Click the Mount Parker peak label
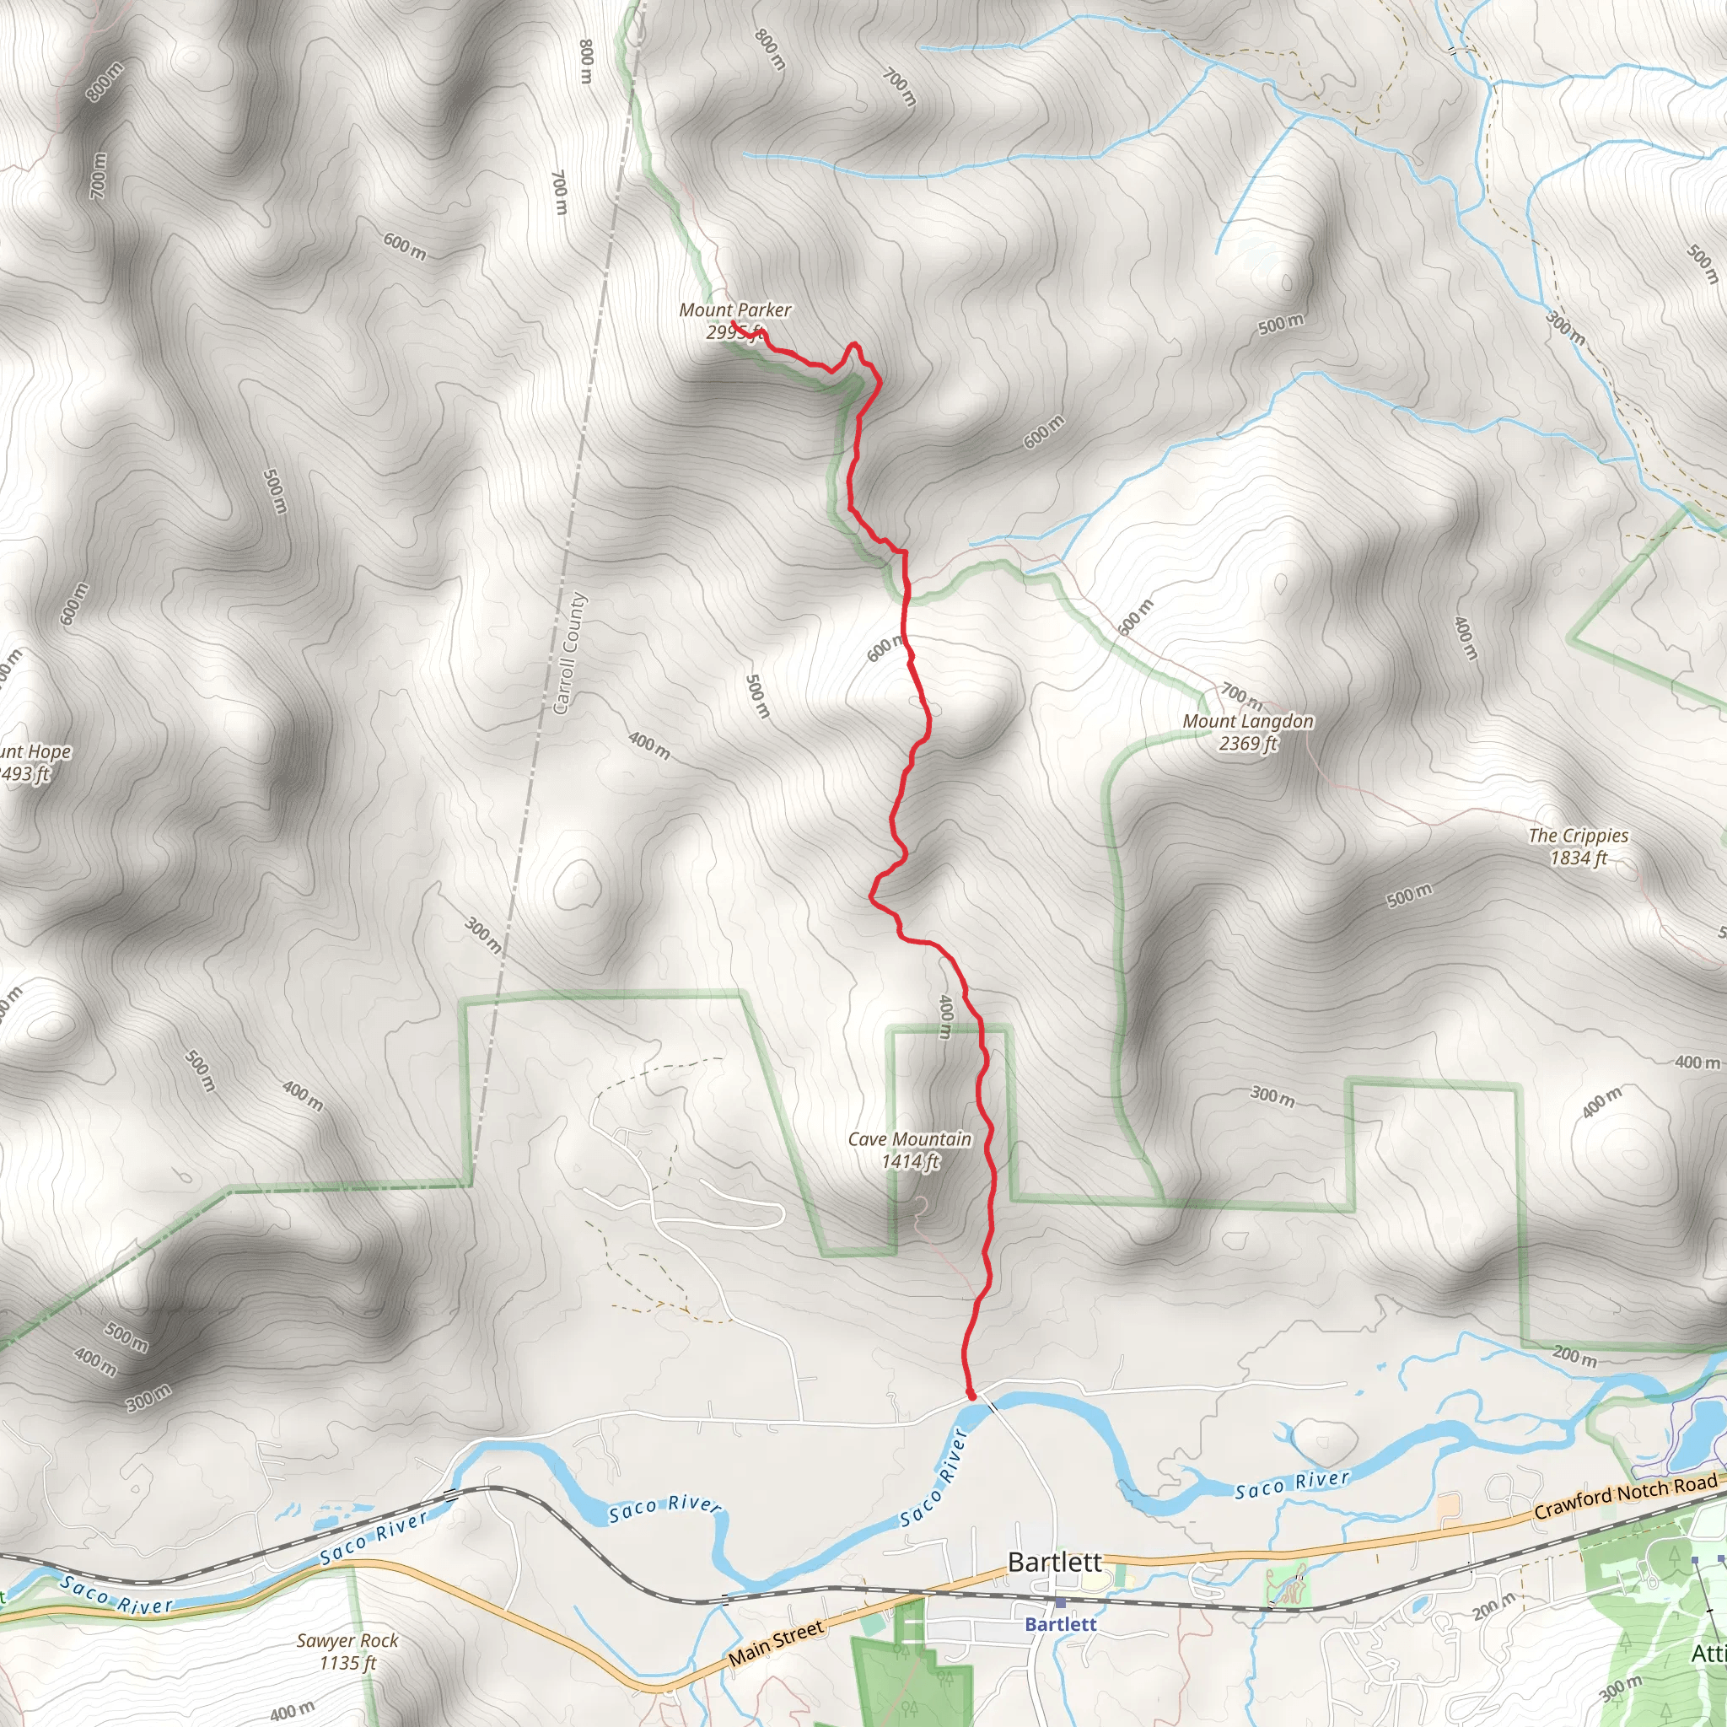pyautogui.click(x=734, y=309)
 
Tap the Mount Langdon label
pyautogui.click(x=1248, y=720)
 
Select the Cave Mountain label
pyautogui.click(x=909, y=1138)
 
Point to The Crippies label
pyautogui.click(x=1578, y=835)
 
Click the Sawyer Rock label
pyautogui.click(x=347, y=1640)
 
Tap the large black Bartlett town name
pyautogui.click(x=1054, y=1562)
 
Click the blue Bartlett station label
pyautogui.click(x=1059, y=1624)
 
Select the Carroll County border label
pyautogui.click(x=569, y=654)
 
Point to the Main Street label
pyautogui.click(x=776, y=1643)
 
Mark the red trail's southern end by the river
pyautogui.click(x=971, y=1395)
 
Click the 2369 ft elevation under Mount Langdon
pyautogui.click(x=1248, y=743)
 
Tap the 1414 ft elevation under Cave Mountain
pyautogui.click(x=910, y=1161)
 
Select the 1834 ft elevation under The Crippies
pyautogui.click(x=1578, y=858)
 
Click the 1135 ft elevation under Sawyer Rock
pyautogui.click(x=347, y=1663)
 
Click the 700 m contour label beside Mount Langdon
pyautogui.click(x=1241, y=695)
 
